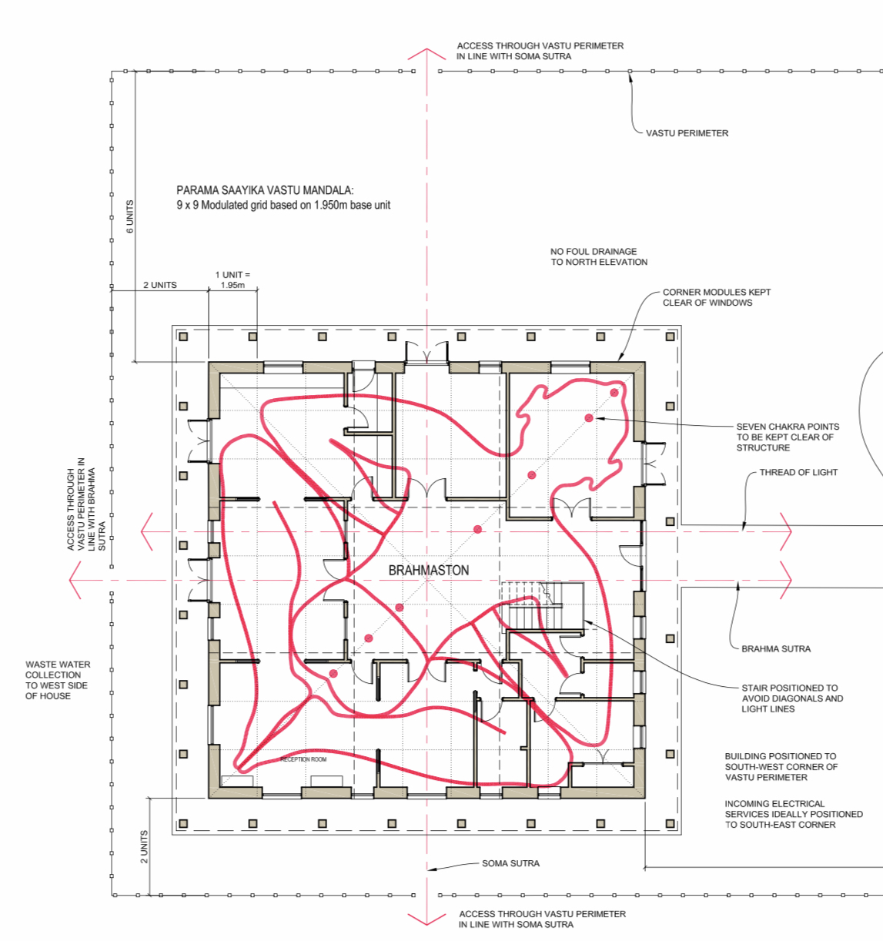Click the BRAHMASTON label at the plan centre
click(x=429, y=570)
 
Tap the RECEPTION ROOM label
click(x=303, y=759)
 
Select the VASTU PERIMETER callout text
click(x=687, y=134)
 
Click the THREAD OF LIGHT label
click(x=798, y=472)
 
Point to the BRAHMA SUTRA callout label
click(x=776, y=648)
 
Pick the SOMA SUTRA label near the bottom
click(x=510, y=863)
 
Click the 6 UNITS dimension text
click(x=130, y=216)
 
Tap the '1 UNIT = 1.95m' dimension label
click(x=232, y=280)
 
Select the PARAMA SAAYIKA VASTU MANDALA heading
click(x=265, y=190)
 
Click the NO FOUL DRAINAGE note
click(x=599, y=256)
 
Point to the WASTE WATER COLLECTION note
click(x=58, y=680)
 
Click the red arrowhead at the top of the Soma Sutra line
click(x=426, y=54)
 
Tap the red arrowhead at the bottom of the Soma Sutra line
click(x=426, y=919)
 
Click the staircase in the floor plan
click(x=543, y=608)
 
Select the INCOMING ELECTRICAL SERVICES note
click(x=794, y=814)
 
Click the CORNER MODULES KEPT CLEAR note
click(x=716, y=297)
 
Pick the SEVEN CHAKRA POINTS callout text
click(x=788, y=437)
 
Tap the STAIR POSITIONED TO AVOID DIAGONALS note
click(x=792, y=698)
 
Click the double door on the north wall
click(x=426, y=353)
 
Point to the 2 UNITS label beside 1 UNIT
click(x=159, y=285)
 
